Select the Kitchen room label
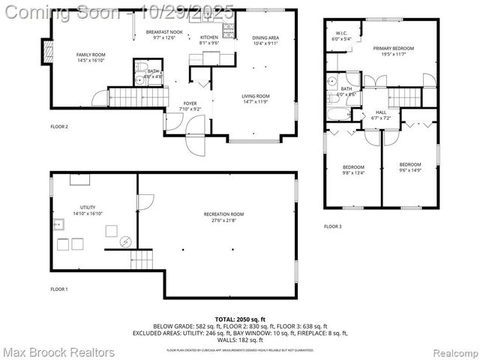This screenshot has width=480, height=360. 209,37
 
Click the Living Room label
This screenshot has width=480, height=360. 256,96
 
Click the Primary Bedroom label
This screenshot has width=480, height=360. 397,48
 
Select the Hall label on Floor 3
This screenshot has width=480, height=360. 380,112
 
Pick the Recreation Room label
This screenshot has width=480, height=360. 224,214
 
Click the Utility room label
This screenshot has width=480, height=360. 88,207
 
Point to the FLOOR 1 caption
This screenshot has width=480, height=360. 59,289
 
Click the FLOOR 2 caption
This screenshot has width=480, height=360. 59,127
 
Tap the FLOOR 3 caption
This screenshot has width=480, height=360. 332,226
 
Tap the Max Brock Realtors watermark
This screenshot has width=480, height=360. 58,352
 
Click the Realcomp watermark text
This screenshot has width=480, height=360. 450,352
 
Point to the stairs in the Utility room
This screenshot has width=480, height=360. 142,260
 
